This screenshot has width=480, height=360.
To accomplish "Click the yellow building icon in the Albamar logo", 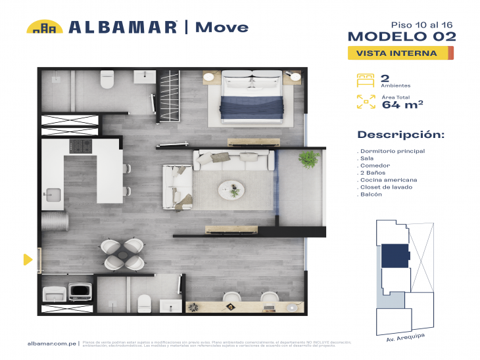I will click(44, 27).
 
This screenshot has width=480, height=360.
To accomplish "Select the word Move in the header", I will click(222, 27).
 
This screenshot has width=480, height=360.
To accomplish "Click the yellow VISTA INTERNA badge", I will click(400, 53).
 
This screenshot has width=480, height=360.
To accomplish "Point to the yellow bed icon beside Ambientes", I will click(365, 80).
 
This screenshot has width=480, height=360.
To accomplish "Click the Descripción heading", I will click(400, 135).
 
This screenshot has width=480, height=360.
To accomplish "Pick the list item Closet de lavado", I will click(385, 187).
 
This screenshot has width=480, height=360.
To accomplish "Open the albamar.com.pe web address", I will click(53, 343).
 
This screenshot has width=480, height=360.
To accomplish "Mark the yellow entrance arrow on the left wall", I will click(28, 259).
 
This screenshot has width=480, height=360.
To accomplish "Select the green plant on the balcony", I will click(307, 158).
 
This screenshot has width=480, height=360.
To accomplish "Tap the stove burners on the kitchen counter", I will click(80, 145).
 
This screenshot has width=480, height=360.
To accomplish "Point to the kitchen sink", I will click(52, 194).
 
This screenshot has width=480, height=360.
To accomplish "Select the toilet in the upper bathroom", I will click(107, 80).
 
